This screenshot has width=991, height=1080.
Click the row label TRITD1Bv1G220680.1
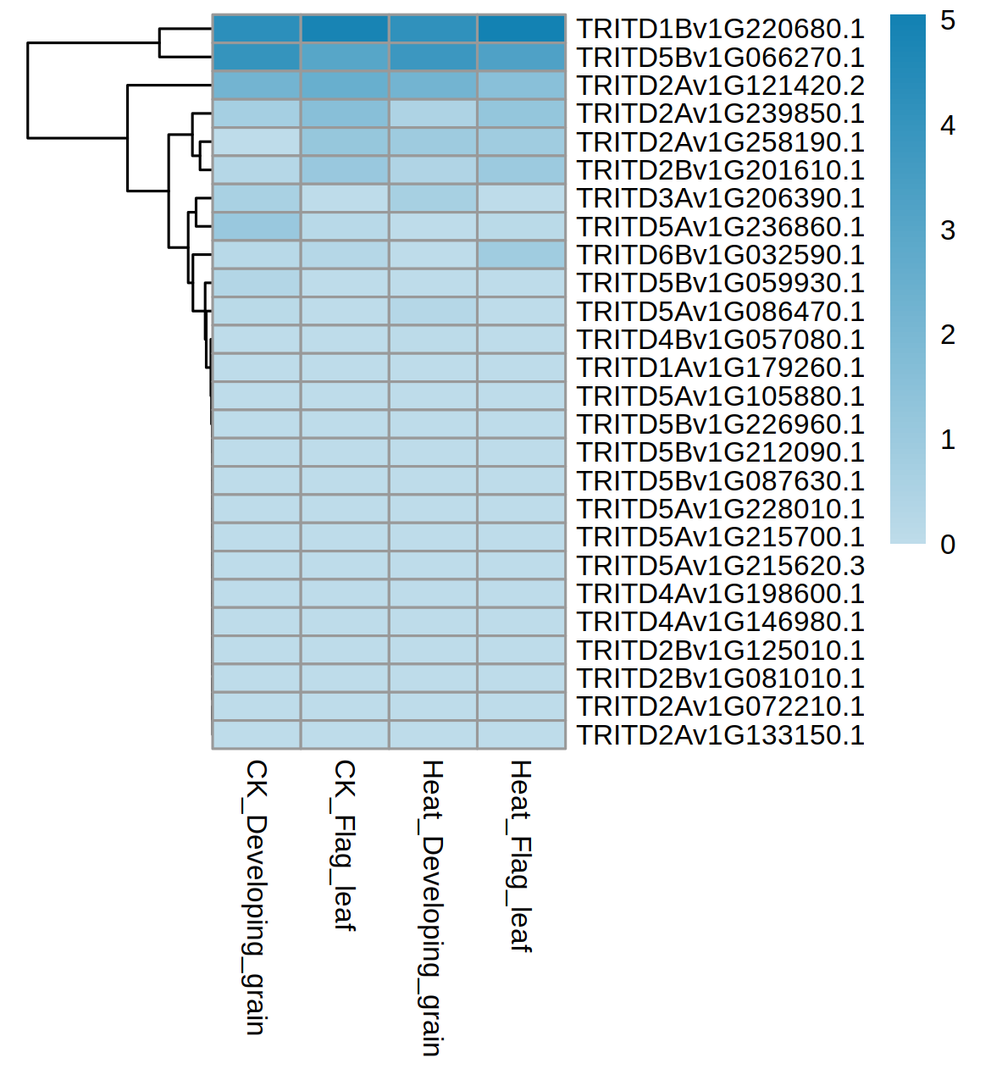(720, 29)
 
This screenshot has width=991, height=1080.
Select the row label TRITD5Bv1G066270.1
(720, 58)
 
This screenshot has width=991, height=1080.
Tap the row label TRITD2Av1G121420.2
(720, 86)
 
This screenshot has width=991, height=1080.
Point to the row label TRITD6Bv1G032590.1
(720, 255)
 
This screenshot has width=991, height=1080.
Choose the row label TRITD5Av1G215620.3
(720, 566)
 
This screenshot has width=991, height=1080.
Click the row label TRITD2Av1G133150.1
(720, 735)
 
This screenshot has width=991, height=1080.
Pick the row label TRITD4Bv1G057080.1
(720, 340)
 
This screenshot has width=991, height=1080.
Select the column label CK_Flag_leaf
(344, 845)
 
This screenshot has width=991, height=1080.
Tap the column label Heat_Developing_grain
(432, 907)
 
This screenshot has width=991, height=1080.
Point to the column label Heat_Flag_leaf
(520, 856)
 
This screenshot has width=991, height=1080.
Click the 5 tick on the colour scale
(948, 20)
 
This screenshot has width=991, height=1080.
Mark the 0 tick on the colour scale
(948, 544)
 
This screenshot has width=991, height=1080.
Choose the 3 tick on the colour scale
(948, 230)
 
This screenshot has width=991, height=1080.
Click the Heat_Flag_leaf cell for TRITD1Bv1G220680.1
(521, 29)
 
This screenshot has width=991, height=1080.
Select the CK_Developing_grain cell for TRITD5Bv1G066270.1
(257, 57)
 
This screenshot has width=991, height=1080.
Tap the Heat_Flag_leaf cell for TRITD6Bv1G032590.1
(521, 255)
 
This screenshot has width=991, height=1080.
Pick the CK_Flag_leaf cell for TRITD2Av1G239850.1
(345, 114)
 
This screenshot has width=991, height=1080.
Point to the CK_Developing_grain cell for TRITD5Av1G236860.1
(257, 226)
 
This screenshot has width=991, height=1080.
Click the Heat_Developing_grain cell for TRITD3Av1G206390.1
(433, 198)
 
